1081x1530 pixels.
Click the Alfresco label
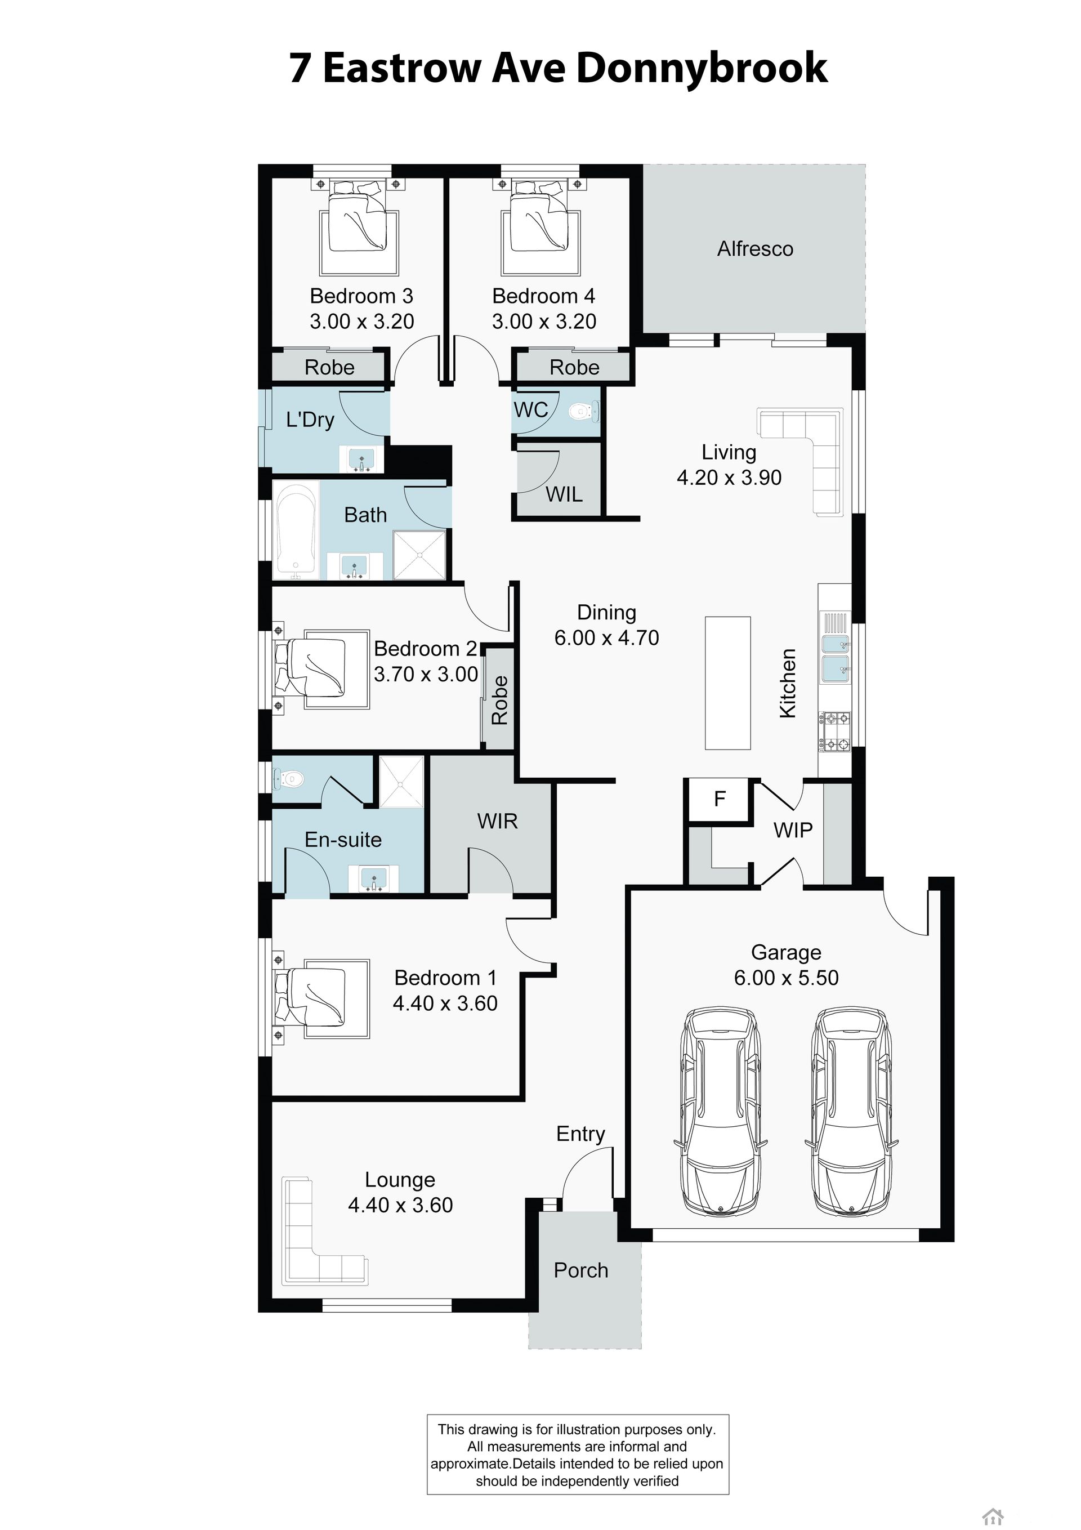(755, 249)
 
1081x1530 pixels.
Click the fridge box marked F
(720, 799)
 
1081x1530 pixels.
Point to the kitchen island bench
(728, 683)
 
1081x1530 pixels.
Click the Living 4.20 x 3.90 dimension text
(729, 477)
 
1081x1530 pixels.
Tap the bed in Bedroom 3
(360, 226)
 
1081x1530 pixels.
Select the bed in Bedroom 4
(540, 226)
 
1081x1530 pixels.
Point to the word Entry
(580, 1134)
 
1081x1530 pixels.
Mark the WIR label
(497, 821)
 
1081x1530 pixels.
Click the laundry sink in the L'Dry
(361, 459)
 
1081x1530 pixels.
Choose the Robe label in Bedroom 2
(499, 701)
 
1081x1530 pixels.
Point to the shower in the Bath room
(419, 555)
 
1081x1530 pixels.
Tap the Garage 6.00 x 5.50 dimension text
(787, 978)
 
